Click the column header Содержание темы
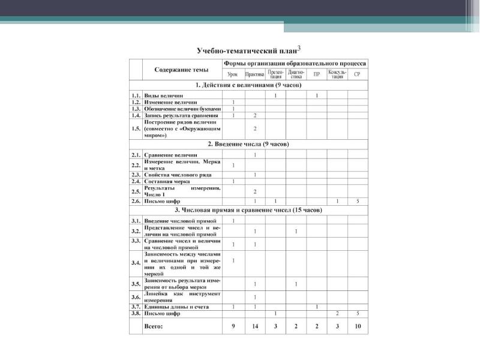(x=181, y=70)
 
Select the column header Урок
(x=232, y=74)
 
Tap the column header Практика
(x=254, y=74)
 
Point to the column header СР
(x=357, y=74)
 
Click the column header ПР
(x=316, y=74)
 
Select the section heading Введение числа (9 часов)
(x=248, y=145)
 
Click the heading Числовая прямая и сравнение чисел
(x=248, y=211)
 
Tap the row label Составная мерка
(x=167, y=181)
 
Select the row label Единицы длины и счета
(x=176, y=307)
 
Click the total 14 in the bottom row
(x=255, y=326)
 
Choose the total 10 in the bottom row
(x=358, y=326)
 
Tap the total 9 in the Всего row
(x=233, y=326)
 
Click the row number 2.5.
(x=136, y=191)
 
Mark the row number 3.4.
(x=136, y=263)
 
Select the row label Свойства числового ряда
(x=177, y=175)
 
